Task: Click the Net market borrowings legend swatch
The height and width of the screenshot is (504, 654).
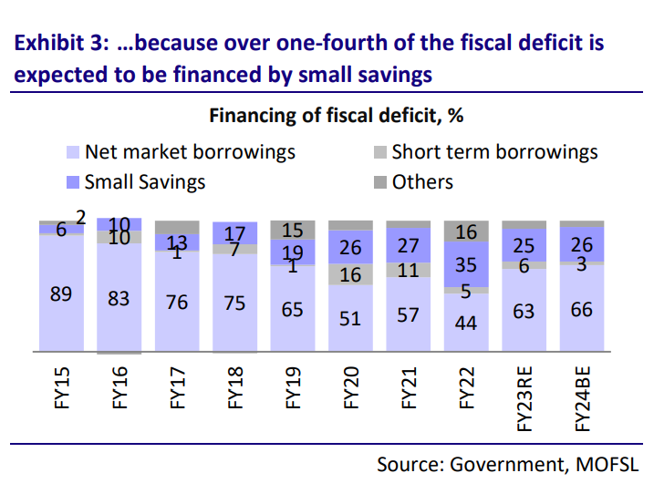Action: pyautogui.click(x=74, y=153)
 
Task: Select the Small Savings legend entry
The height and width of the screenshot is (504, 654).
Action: pyautogui.click(x=144, y=181)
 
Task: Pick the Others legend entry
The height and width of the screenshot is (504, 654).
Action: pyautogui.click(x=422, y=181)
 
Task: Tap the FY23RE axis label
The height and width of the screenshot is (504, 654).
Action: pyautogui.click(x=524, y=401)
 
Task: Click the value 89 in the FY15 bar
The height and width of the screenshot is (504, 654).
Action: pyautogui.click(x=62, y=294)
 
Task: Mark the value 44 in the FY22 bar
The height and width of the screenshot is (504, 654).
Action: pyautogui.click(x=465, y=324)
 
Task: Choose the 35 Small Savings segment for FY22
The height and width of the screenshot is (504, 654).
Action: pyautogui.click(x=465, y=265)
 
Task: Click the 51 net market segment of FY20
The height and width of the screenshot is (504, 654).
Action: pyautogui.click(x=349, y=318)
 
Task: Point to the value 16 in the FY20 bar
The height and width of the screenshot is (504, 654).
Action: pyautogui.click(x=349, y=275)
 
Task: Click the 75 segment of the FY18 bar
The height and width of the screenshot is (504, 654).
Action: pyautogui.click(x=234, y=303)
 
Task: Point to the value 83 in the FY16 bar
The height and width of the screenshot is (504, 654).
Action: pyautogui.click(x=119, y=298)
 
